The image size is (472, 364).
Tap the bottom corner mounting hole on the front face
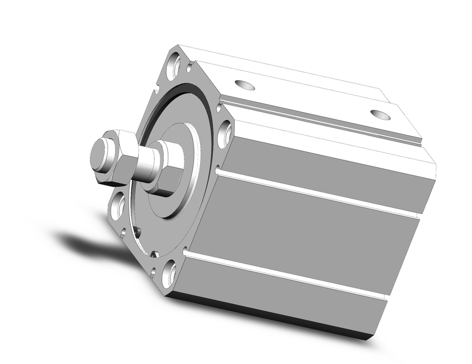(x=169, y=274)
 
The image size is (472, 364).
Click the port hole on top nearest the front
(x=244, y=85)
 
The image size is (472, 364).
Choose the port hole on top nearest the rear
(x=380, y=115)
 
